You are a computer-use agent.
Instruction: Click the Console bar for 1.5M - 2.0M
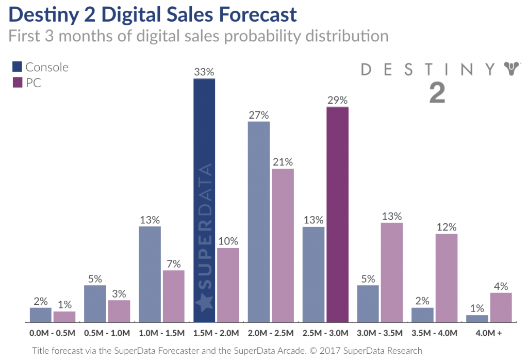204,201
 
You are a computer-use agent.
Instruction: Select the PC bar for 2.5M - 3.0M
338,215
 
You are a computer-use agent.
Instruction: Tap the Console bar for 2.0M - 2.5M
259,222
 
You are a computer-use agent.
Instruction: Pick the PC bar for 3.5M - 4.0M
447,278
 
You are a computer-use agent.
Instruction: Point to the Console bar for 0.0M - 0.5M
41,315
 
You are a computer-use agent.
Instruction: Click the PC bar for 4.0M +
501,307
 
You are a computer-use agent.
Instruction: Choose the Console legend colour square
18,67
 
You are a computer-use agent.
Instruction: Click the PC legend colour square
18,83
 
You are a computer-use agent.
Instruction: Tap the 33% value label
204,72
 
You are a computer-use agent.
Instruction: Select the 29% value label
338,100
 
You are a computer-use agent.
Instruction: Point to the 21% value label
283,162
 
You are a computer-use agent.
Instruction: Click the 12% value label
447,227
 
